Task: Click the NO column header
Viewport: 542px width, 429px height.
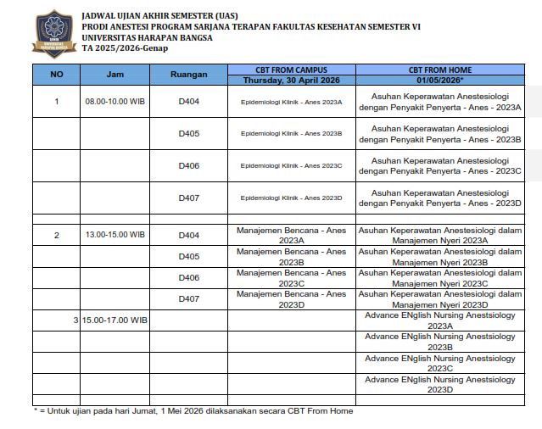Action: pos(57,75)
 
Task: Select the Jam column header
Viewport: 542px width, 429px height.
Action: pos(115,75)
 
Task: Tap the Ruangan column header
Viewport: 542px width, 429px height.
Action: pos(188,75)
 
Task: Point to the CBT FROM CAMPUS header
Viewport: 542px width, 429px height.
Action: pos(291,70)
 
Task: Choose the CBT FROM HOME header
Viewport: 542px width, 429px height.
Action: pos(439,70)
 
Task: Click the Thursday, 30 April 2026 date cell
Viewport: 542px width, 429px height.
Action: pos(291,80)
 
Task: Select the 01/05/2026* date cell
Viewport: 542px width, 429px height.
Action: pos(439,80)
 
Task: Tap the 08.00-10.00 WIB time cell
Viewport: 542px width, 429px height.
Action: pos(115,102)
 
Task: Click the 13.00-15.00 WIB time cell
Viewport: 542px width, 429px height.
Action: pos(115,235)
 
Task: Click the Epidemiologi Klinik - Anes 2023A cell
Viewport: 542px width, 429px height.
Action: pos(291,102)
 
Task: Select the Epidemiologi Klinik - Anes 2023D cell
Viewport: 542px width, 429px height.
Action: pos(291,198)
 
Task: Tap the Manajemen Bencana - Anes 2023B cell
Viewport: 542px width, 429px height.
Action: pos(291,257)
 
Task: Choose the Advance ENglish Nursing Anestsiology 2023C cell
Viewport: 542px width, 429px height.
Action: pos(439,363)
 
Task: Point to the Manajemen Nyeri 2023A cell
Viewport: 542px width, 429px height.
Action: pos(439,235)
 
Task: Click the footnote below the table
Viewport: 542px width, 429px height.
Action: pos(193,411)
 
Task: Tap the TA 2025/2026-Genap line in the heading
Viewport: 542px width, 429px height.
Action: pos(125,48)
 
